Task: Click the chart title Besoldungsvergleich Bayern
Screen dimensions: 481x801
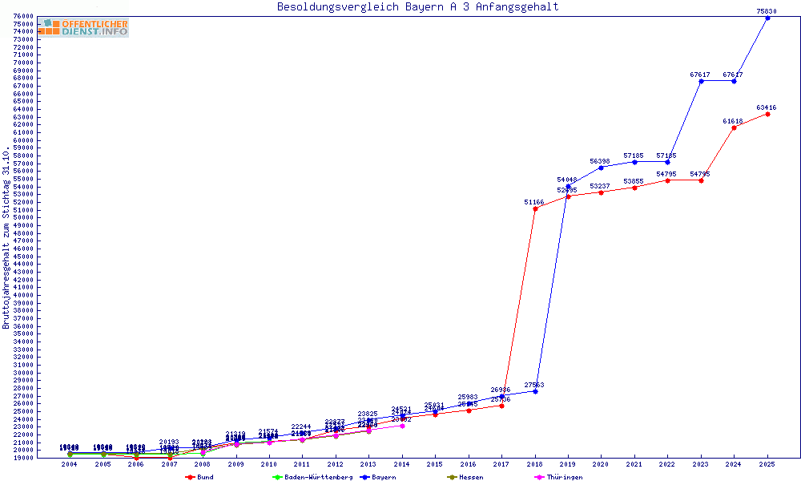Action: coord(417,7)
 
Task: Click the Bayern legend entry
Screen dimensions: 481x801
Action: coord(378,477)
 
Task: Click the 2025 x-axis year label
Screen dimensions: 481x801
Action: coord(767,464)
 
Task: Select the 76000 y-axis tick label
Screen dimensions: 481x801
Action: coord(23,16)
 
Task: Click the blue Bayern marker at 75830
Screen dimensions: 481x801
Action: coord(767,18)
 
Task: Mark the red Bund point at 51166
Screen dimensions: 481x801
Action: coord(535,208)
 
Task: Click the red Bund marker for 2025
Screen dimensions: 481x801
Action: coord(767,114)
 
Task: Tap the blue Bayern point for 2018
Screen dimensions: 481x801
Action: coord(535,391)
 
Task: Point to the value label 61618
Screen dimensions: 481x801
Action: coord(733,121)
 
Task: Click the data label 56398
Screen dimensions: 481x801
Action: coord(600,161)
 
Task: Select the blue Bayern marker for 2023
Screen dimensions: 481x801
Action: coord(701,81)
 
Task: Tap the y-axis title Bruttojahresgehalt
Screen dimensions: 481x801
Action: coord(7,237)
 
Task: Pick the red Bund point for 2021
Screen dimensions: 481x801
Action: coord(634,188)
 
